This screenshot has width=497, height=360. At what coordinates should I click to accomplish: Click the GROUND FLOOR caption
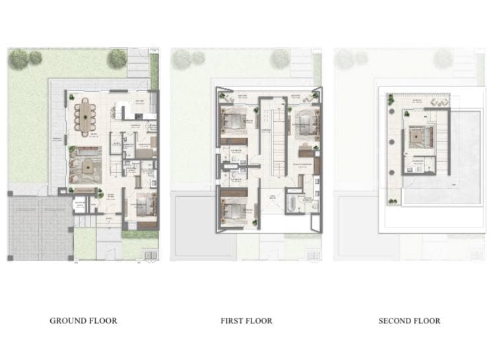[x=83, y=321]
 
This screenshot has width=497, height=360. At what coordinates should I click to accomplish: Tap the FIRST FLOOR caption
[x=246, y=321]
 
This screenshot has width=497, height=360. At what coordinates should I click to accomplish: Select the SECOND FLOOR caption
[x=409, y=321]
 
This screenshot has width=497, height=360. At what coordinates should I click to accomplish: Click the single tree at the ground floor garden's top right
[x=117, y=58]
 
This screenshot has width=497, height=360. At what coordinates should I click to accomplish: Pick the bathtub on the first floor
[x=292, y=201]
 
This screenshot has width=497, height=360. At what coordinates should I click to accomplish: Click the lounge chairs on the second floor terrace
[x=436, y=102]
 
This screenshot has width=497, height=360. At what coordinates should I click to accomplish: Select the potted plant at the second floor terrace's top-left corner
[x=390, y=100]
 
